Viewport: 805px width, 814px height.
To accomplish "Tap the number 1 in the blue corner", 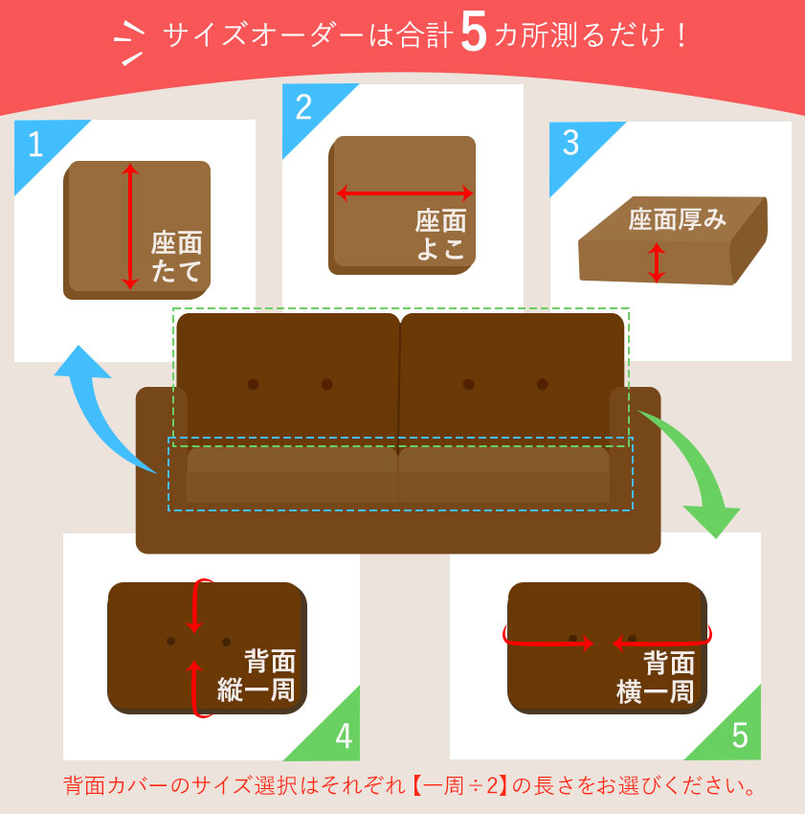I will click(35, 145).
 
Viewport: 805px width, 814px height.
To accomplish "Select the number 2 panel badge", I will click(303, 107).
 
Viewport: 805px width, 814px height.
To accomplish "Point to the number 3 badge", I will click(570, 143).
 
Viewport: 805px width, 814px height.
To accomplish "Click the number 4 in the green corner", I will click(344, 737).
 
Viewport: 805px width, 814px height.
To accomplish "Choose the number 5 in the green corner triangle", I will click(739, 735).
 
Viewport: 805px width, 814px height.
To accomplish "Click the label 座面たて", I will click(178, 257).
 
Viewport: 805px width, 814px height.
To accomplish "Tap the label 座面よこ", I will click(441, 236).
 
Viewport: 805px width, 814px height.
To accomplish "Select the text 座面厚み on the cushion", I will click(678, 220).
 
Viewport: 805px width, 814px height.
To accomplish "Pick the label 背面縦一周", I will click(257, 675).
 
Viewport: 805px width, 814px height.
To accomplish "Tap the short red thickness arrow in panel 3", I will click(656, 262).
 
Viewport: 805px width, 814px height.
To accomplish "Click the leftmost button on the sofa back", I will click(253, 384).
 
